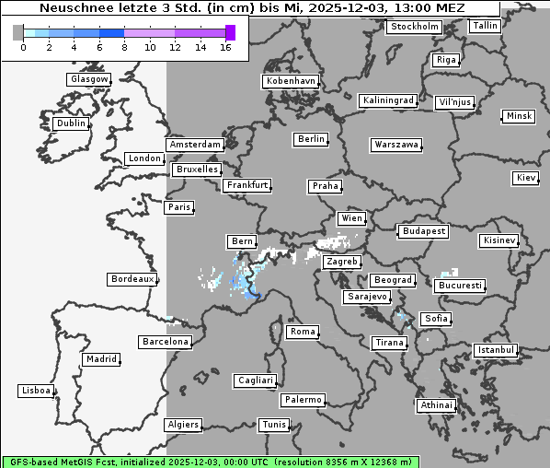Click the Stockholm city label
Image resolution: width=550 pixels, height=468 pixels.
pyautogui.click(x=413, y=27)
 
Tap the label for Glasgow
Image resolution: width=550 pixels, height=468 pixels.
pyautogui.click(x=89, y=79)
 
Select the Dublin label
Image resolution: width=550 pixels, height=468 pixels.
pyautogui.click(x=70, y=123)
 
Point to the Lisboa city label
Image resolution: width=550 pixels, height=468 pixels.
pyautogui.click(x=36, y=391)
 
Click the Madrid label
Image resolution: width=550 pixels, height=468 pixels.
pyautogui.click(x=100, y=359)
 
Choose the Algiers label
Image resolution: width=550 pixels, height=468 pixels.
pyautogui.click(x=182, y=425)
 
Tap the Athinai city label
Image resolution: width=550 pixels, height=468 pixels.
pyautogui.click(x=436, y=405)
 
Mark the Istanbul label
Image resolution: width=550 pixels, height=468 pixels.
pyautogui.click(x=495, y=350)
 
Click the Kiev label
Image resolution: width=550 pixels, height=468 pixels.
pyautogui.click(x=526, y=177)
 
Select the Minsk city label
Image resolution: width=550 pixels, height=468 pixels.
pyautogui.click(x=518, y=116)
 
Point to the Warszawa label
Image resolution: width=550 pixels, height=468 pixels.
pyautogui.click(x=396, y=145)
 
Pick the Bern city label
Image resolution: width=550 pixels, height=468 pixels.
pyautogui.click(x=241, y=241)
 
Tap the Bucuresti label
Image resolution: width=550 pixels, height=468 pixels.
pyautogui.click(x=460, y=286)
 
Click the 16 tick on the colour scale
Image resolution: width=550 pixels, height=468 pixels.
pyautogui.click(x=225, y=47)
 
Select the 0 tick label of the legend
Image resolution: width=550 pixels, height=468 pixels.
pyautogui.click(x=23, y=47)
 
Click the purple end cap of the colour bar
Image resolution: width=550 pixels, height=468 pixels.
pyautogui.click(x=230, y=32)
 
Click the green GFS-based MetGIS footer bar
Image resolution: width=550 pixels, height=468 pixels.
pyautogui.click(x=210, y=461)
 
